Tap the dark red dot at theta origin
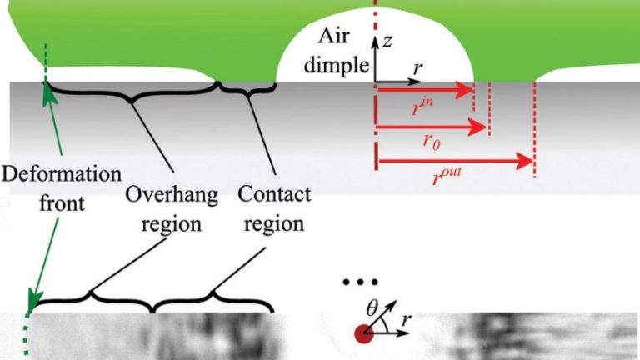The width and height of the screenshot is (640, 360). (x=363, y=334)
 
